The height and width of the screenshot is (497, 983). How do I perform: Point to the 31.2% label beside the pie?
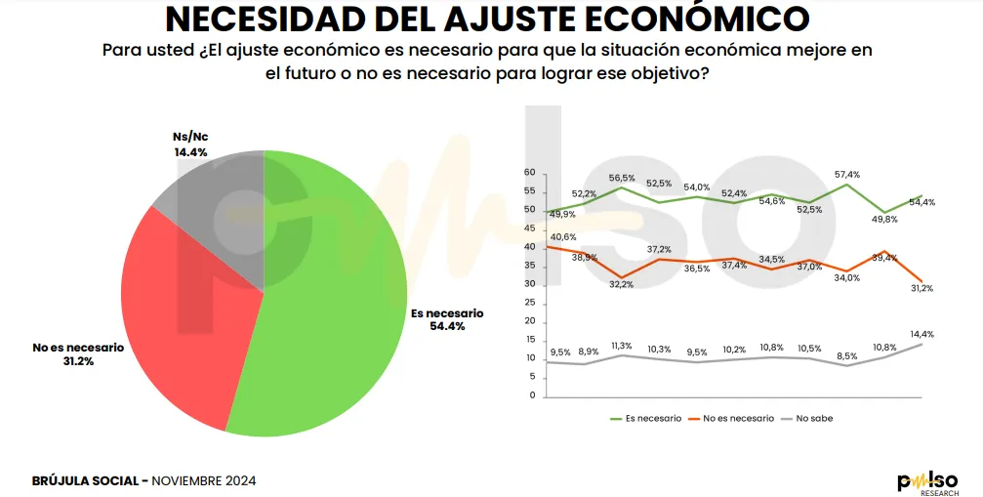(77, 361)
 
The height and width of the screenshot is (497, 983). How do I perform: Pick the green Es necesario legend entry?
(645, 418)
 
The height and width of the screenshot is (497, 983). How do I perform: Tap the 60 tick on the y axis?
(531, 173)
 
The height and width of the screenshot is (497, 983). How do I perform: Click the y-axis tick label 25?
(531, 303)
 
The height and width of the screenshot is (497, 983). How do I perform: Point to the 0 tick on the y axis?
(533, 395)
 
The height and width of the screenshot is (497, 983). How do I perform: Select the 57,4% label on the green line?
(847, 174)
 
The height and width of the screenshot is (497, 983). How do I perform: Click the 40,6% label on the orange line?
(563, 237)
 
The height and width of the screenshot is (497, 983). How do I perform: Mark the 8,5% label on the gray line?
(846, 355)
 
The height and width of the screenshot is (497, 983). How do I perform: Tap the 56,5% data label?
(622, 178)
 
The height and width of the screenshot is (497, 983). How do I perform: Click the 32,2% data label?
(622, 284)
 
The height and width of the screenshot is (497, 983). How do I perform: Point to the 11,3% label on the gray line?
(621, 345)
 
